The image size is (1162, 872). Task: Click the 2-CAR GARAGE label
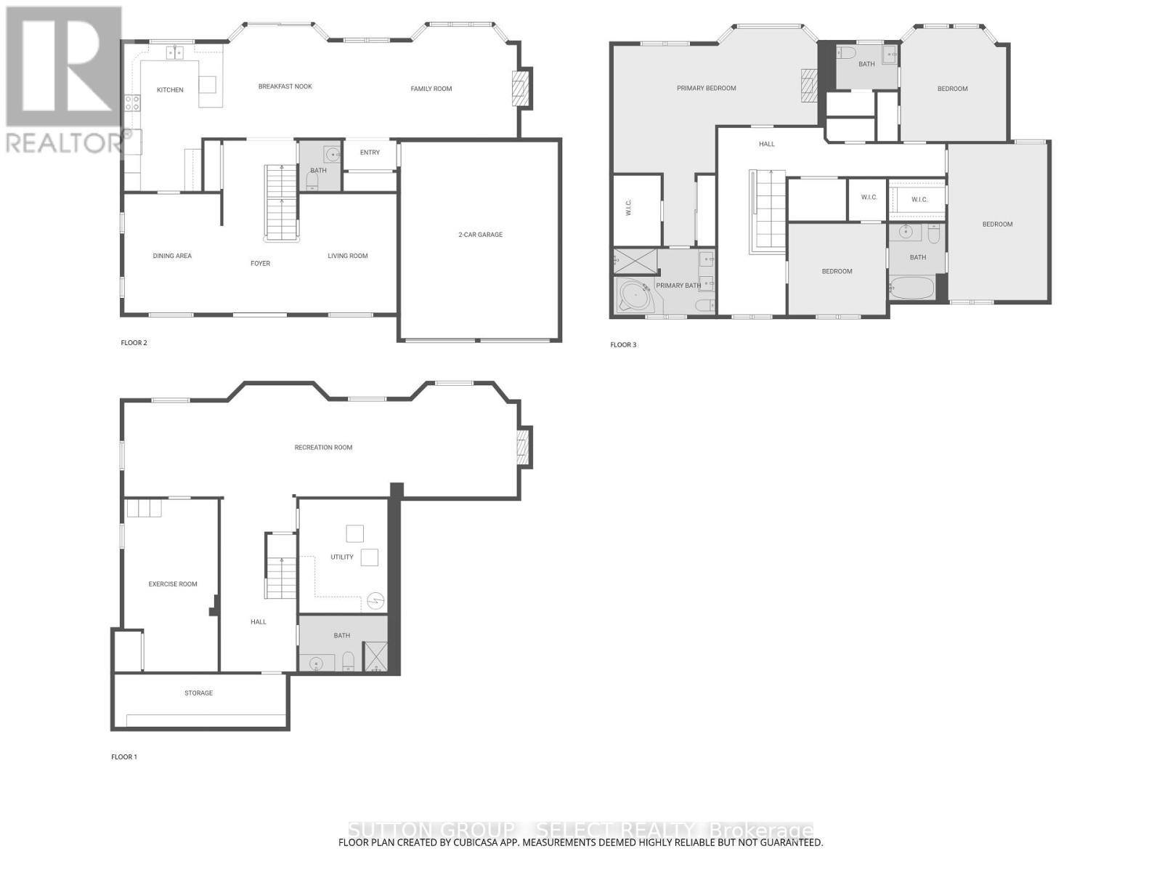coord(480,235)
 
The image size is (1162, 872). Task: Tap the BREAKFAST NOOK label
coord(285,86)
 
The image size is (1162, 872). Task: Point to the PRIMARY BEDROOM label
coord(706,89)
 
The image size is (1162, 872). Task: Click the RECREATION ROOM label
coord(323,448)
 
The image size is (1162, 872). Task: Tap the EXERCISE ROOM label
coord(173,584)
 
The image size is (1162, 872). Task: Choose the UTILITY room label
coord(341,557)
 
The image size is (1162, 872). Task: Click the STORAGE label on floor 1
coord(198,693)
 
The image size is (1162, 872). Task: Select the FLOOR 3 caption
coord(623,344)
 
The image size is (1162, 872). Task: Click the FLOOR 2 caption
coord(134,342)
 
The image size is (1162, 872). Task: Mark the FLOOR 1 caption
coord(123,757)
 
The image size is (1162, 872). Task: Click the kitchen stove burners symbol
coord(132,103)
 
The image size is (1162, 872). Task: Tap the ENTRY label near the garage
coord(370,153)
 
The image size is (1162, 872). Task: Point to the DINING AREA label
coord(172,256)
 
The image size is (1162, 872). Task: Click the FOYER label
coord(260,264)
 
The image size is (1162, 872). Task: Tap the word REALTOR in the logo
coord(65,142)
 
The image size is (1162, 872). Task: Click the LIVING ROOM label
coord(347,256)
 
